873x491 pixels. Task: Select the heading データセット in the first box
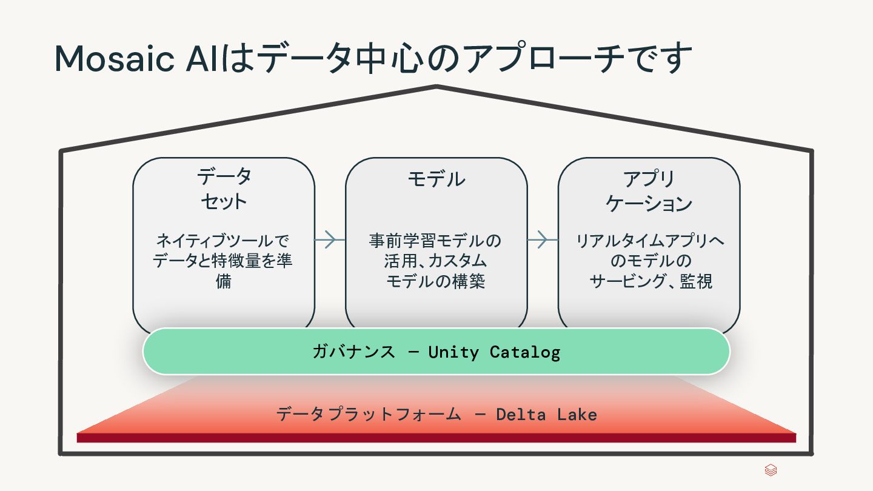224,189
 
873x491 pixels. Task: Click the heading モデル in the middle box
436,179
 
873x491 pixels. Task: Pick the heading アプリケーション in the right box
649,190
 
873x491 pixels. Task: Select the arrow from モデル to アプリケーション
542,240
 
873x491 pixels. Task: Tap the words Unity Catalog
494,352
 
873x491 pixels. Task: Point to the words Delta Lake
546,415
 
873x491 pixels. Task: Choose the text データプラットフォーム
369,415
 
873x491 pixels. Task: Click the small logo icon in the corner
771,470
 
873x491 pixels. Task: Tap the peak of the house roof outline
436,87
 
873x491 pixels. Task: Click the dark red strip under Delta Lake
436,438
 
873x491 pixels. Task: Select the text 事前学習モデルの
435,241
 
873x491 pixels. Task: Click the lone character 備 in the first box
224,282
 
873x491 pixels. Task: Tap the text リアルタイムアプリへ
649,241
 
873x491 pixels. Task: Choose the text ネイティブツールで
223,241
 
